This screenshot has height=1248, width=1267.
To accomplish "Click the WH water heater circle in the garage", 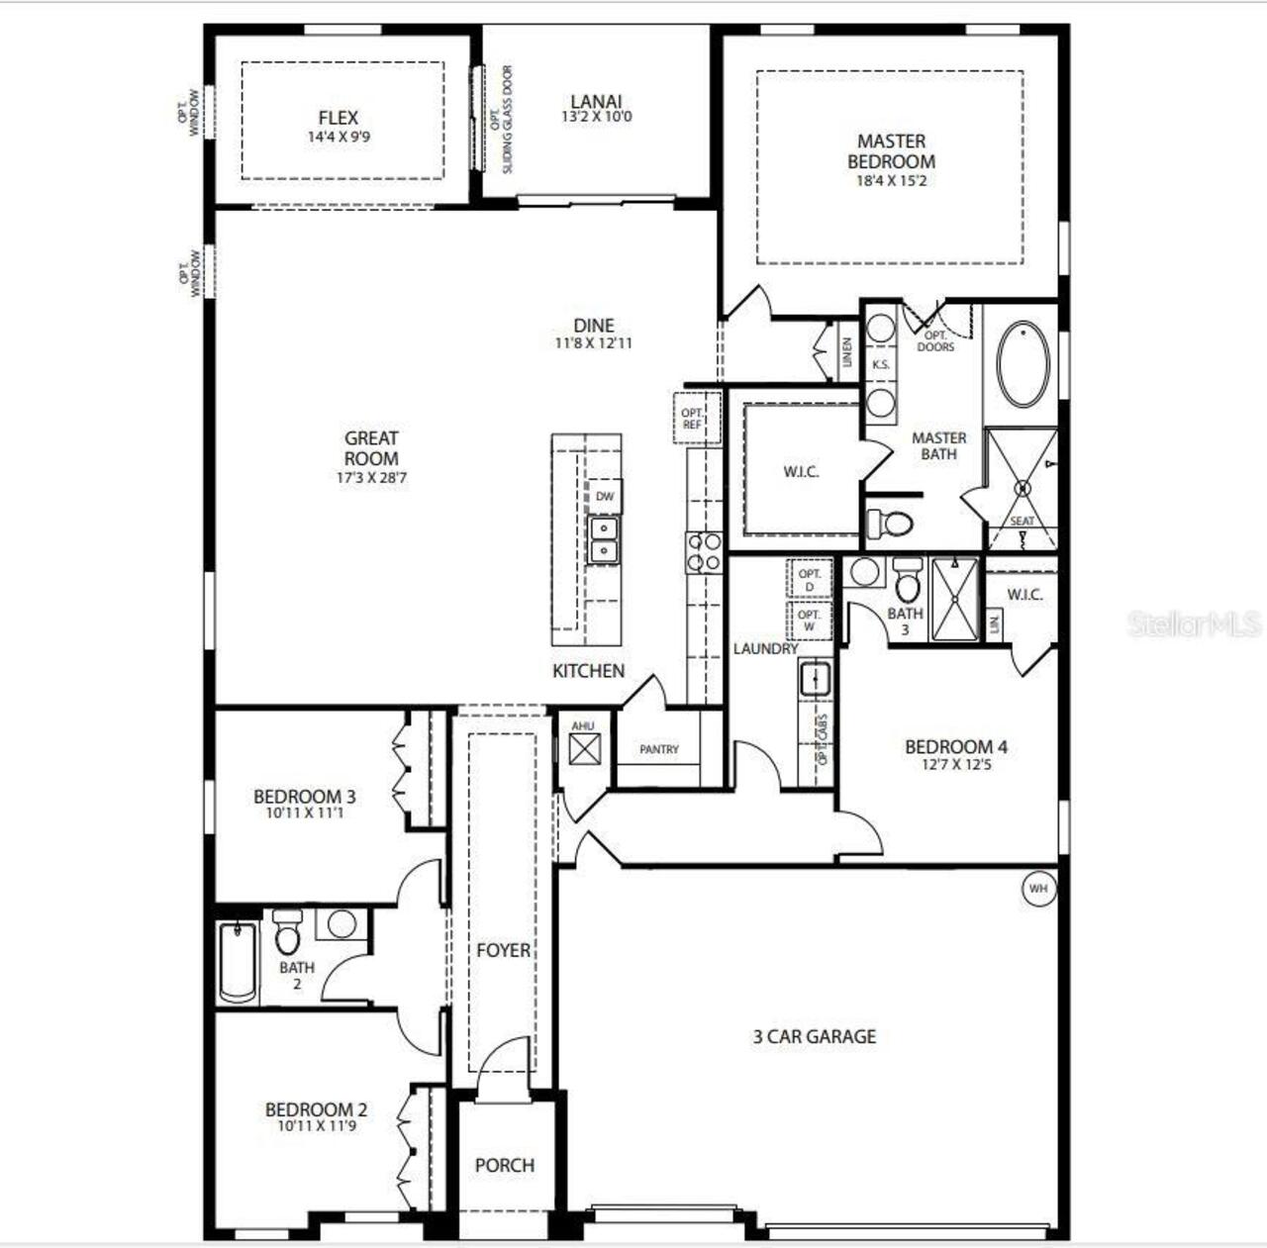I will [x=1037, y=889].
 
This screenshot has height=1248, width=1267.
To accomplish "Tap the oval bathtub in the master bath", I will [x=1023, y=363].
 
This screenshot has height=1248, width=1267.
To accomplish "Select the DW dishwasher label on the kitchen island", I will [x=604, y=497].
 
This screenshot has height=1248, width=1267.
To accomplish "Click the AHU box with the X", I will [x=583, y=748].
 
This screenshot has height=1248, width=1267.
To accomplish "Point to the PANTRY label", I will [x=659, y=749].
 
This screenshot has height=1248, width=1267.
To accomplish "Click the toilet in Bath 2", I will [x=287, y=933].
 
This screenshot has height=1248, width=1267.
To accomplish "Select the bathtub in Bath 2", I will [x=238, y=961].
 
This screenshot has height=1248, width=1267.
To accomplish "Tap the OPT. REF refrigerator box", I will [x=692, y=419].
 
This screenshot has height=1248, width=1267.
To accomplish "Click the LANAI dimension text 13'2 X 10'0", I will [x=596, y=117].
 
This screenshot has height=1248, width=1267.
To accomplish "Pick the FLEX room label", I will [x=339, y=118].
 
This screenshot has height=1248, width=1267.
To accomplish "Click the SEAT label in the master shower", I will [x=1022, y=522].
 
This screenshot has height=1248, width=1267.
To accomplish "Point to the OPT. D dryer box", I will [x=810, y=580].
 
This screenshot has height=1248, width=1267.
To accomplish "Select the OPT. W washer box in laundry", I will [x=810, y=621].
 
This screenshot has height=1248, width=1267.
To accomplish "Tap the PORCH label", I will [x=505, y=1165].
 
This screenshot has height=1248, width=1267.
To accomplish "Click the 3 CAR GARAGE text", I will [x=815, y=1036].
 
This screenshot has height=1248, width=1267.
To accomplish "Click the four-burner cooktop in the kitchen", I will [x=704, y=552].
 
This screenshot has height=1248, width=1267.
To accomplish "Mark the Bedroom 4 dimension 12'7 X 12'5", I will [x=955, y=765].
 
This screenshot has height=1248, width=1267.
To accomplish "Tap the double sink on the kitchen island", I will [x=603, y=539].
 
